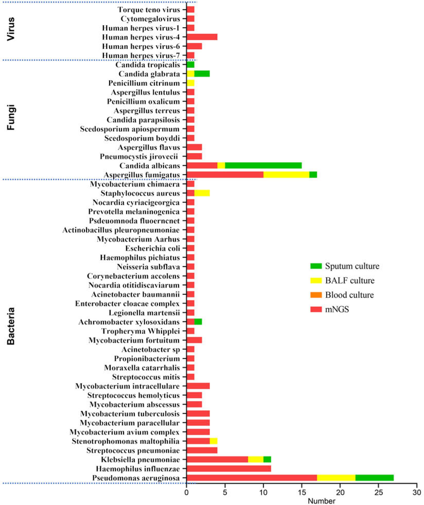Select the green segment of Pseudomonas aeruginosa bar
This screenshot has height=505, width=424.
pyautogui.click(x=374, y=478)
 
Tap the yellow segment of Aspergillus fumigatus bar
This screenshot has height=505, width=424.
pyautogui.click(x=286, y=175)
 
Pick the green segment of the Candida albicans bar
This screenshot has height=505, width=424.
pyautogui.click(x=263, y=165)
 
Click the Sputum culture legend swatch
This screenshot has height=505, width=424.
pyautogui.click(x=316, y=266)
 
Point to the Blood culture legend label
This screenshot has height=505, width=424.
pyautogui.click(x=349, y=295)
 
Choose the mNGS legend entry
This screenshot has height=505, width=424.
pyautogui.click(x=337, y=309)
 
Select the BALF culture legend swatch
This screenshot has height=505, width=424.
pyautogui.click(x=316, y=280)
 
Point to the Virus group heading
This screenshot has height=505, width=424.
pyautogui.click(x=11, y=29)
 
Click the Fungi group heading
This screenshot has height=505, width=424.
pyautogui.click(x=11, y=117)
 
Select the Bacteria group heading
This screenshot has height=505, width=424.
pyautogui.click(x=11, y=326)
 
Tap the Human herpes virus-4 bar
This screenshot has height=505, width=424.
pyautogui.click(x=202, y=37)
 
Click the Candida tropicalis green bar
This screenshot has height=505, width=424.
pyautogui.click(x=190, y=64)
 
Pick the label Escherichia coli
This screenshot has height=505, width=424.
pyautogui.click(x=153, y=248)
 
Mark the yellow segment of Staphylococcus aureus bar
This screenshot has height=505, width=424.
pyautogui.click(x=202, y=193)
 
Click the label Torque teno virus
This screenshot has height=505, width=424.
pyautogui.click(x=149, y=10)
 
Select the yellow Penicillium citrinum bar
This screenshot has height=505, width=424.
pyautogui.click(x=190, y=83)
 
